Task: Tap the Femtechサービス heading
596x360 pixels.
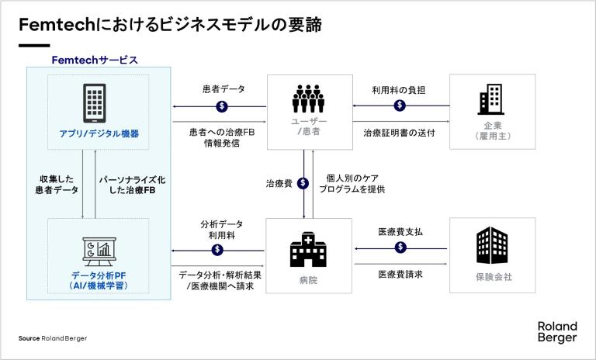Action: [x=95, y=60]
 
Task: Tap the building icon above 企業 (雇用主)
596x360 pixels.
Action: [x=493, y=100]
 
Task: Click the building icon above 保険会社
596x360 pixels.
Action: [x=493, y=246]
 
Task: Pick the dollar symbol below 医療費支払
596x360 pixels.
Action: [x=400, y=247]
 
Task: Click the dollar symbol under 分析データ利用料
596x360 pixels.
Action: [x=218, y=249]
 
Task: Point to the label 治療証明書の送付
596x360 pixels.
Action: [x=399, y=133]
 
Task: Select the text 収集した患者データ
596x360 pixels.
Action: [x=59, y=184]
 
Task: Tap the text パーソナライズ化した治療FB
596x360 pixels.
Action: [x=132, y=184]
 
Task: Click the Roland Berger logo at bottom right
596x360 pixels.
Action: [x=556, y=331]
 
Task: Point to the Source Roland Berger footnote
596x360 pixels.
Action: [x=53, y=338]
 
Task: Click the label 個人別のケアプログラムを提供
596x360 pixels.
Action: [x=353, y=183]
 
